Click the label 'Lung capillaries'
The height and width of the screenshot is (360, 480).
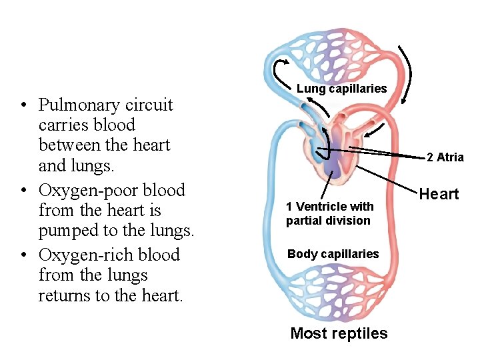coord(341,89)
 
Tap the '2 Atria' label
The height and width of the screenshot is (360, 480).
coord(445,157)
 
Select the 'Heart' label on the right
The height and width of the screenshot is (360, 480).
coord(439,194)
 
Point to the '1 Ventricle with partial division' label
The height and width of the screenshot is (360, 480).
coord(329,213)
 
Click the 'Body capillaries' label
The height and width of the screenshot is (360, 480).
coord(333,254)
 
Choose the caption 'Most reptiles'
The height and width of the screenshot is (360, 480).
coord(339,333)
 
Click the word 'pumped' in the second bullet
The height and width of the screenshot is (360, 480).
coord(67,231)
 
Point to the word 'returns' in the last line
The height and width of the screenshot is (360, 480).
coord(65,295)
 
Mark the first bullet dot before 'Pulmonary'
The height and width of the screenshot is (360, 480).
coord(23,106)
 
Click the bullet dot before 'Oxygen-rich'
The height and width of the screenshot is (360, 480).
coord(23,256)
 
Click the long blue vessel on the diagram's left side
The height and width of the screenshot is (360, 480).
coord(271,213)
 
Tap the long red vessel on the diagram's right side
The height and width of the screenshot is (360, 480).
coord(394,213)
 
